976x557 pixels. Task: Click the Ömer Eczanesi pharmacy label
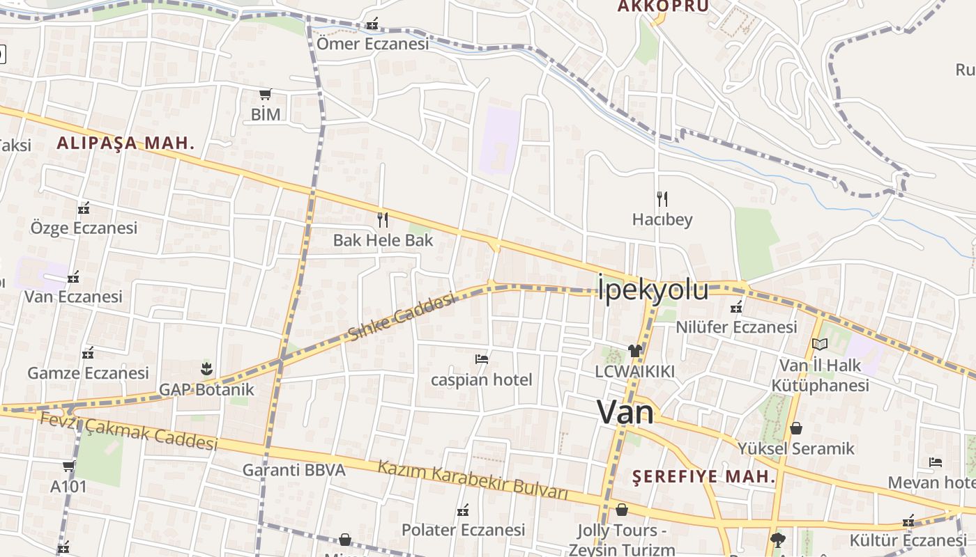(372, 44)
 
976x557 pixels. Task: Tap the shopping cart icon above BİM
(265, 94)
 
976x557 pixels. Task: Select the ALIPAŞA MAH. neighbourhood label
(125, 143)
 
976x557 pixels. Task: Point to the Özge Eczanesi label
(84, 228)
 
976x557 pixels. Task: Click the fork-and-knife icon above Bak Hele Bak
(382, 220)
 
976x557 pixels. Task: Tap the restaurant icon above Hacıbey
(662, 199)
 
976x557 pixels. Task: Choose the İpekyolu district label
(653, 290)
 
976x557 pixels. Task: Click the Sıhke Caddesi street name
(402, 317)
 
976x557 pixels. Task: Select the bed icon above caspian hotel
(481, 359)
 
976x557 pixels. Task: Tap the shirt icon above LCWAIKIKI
(634, 350)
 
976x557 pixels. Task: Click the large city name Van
(625, 412)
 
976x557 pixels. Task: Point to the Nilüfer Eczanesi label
(736, 327)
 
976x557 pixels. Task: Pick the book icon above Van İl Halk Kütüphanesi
(820, 344)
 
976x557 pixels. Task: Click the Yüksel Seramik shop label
(796, 448)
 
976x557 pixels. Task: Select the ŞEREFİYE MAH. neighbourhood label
(704, 477)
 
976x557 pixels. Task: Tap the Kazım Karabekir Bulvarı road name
(473, 480)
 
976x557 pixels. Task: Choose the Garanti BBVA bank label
(293, 470)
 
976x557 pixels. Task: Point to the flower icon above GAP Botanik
(206, 368)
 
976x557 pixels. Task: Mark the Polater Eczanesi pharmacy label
(463, 530)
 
